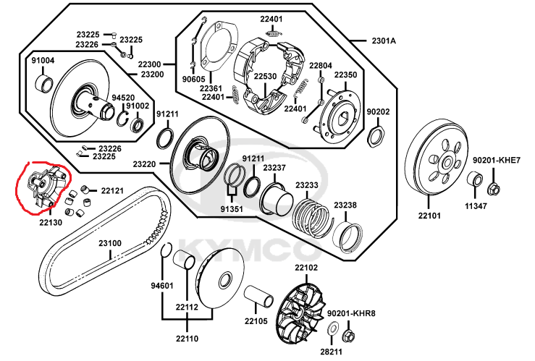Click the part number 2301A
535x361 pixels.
[384, 41]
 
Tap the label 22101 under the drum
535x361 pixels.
[428, 216]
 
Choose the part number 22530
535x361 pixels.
[264, 76]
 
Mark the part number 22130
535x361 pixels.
[50, 222]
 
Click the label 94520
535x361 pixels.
[122, 96]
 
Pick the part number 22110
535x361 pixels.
[186, 338]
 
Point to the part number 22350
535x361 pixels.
[345, 75]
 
